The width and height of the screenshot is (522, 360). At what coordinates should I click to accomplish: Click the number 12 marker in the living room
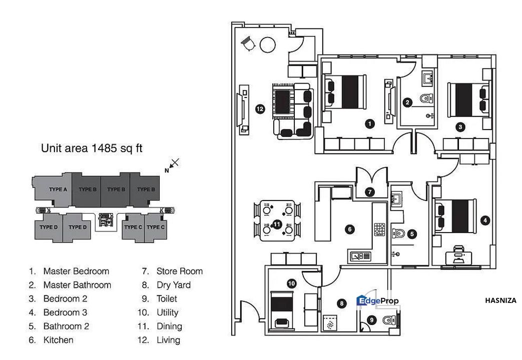[260, 108]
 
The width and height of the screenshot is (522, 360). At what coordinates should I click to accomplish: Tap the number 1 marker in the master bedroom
[369, 122]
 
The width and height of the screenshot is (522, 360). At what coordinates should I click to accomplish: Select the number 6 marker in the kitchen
[350, 229]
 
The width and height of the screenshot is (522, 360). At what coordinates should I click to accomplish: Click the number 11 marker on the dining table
[277, 225]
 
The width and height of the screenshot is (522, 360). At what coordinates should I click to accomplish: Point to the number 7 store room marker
[370, 191]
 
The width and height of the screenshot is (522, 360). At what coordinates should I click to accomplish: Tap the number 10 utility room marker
[291, 283]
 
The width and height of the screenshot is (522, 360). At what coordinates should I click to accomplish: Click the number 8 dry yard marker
[342, 303]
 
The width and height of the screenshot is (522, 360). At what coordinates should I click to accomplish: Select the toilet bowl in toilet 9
[387, 320]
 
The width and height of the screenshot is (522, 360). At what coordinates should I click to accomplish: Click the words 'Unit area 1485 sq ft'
[92, 148]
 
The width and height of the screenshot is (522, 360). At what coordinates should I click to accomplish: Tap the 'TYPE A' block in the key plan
[58, 189]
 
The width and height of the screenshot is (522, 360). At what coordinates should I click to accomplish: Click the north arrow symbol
[172, 165]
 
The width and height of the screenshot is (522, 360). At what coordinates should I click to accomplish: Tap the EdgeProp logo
[377, 300]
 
